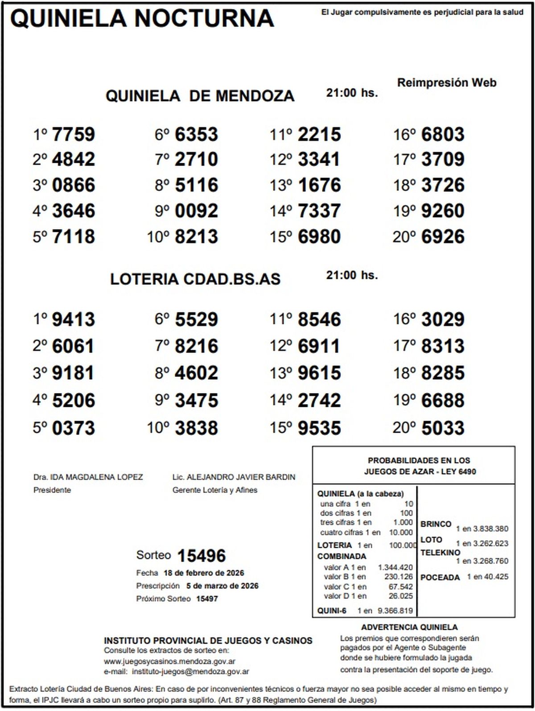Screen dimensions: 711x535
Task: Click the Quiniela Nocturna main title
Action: (142, 19)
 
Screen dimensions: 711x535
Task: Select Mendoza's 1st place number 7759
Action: (74, 134)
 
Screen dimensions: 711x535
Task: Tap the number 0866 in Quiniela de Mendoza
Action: (74, 185)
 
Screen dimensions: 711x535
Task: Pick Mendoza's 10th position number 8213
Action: (197, 236)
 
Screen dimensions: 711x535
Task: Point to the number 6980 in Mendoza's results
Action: (319, 236)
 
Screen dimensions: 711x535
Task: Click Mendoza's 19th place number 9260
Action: (443, 211)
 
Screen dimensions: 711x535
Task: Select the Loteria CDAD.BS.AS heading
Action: (195, 279)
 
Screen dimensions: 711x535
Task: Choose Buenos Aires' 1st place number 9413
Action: (74, 319)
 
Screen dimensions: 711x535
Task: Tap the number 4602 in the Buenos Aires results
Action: (197, 373)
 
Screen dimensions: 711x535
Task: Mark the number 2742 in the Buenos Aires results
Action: (319, 400)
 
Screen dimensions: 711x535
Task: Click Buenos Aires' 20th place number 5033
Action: (443, 428)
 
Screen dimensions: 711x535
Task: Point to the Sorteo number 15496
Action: (202, 556)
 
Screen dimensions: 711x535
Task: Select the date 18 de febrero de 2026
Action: (204, 573)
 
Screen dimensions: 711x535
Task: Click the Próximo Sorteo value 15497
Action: (207, 599)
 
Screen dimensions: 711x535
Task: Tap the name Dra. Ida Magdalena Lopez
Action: (88, 477)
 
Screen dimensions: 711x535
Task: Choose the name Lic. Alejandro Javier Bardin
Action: (234, 477)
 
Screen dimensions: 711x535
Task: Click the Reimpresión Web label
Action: (447, 83)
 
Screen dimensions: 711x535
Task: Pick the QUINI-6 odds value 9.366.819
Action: (395, 611)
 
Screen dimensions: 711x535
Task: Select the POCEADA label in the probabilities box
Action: (440, 578)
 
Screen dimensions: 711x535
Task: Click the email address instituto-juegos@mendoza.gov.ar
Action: (191, 671)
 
